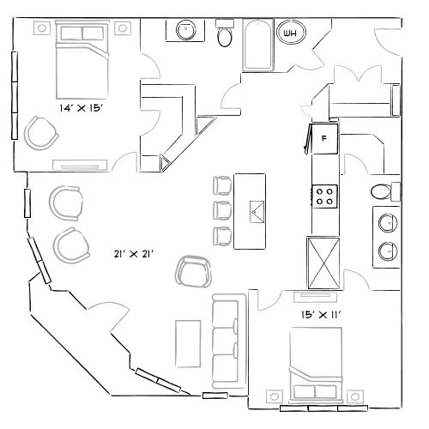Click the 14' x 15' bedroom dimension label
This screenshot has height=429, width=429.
click(x=82, y=108)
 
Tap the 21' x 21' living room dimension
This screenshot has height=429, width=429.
click(x=133, y=254)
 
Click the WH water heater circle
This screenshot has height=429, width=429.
click(x=291, y=34)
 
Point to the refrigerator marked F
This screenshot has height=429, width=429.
click(x=325, y=138)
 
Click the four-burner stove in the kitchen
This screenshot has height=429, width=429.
click(x=325, y=196)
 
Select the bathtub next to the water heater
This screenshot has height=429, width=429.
click(x=257, y=45)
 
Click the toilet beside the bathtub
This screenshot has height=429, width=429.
click(x=225, y=35)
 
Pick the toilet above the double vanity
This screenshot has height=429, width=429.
click(x=382, y=190)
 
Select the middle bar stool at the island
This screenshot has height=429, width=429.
click(x=222, y=210)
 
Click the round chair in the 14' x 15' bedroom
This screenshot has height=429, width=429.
click(x=39, y=132)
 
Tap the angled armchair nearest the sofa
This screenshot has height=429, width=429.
click(x=193, y=273)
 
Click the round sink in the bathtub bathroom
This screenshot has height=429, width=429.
click(x=187, y=31)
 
